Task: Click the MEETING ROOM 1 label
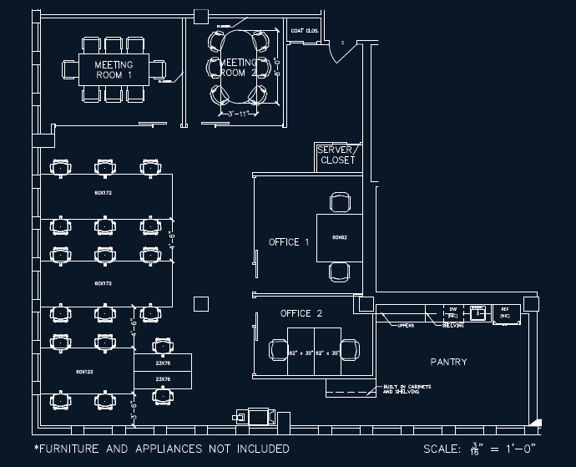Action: point(114,69)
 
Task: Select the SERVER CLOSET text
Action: point(336,155)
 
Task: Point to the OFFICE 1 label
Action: point(289,242)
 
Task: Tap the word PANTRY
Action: point(448,362)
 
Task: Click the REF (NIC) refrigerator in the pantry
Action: point(504,313)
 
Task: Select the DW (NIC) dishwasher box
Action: point(452,313)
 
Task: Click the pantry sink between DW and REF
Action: point(478,313)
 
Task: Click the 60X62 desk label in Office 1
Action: point(339,238)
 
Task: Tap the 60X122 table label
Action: point(85,370)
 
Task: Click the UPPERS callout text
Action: point(407,325)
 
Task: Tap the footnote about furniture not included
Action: point(161,449)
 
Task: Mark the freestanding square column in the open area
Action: point(200,303)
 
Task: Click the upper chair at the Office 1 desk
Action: point(340,202)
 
